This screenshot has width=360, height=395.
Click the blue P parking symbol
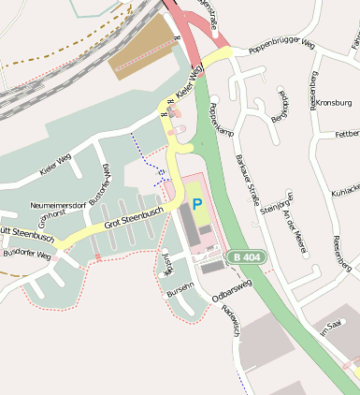click(x=196, y=203)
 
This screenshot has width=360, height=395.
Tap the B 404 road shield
click(x=248, y=256)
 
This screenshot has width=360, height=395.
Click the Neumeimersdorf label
click(x=58, y=203)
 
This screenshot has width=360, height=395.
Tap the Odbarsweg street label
click(x=232, y=289)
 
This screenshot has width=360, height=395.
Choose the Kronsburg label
click(x=337, y=102)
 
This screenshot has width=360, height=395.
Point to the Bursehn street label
click(x=180, y=288)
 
